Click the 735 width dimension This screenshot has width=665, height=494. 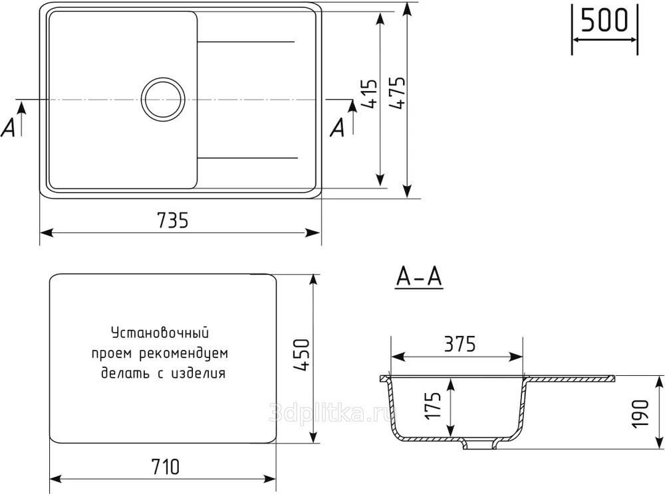click(x=173, y=220)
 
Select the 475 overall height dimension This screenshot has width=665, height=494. click(x=398, y=93)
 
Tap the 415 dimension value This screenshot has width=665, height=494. click(x=370, y=94)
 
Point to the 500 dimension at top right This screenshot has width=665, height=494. click(x=604, y=21)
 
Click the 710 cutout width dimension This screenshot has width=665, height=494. click(x=165, y=467)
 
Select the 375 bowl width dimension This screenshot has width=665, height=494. click(x=460, y=344)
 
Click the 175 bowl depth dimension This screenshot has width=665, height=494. click(x=433, y=406)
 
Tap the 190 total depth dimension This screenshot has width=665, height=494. click(x=640, y=414)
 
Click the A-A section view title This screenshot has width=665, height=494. click(x=419, y=278)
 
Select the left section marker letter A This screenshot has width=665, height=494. click(x=8, y=127)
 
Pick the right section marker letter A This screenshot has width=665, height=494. click(x=338, y=127)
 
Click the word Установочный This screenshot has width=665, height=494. click(x=160, y=333)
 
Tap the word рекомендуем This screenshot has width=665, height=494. click(x=184, y=354)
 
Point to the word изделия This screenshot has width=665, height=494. click(x=198, y=373)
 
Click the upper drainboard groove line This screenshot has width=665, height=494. click(x=246, y=42)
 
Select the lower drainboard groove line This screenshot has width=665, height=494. click(x=247, y=158)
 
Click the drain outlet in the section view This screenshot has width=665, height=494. click(x=479, y=444)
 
